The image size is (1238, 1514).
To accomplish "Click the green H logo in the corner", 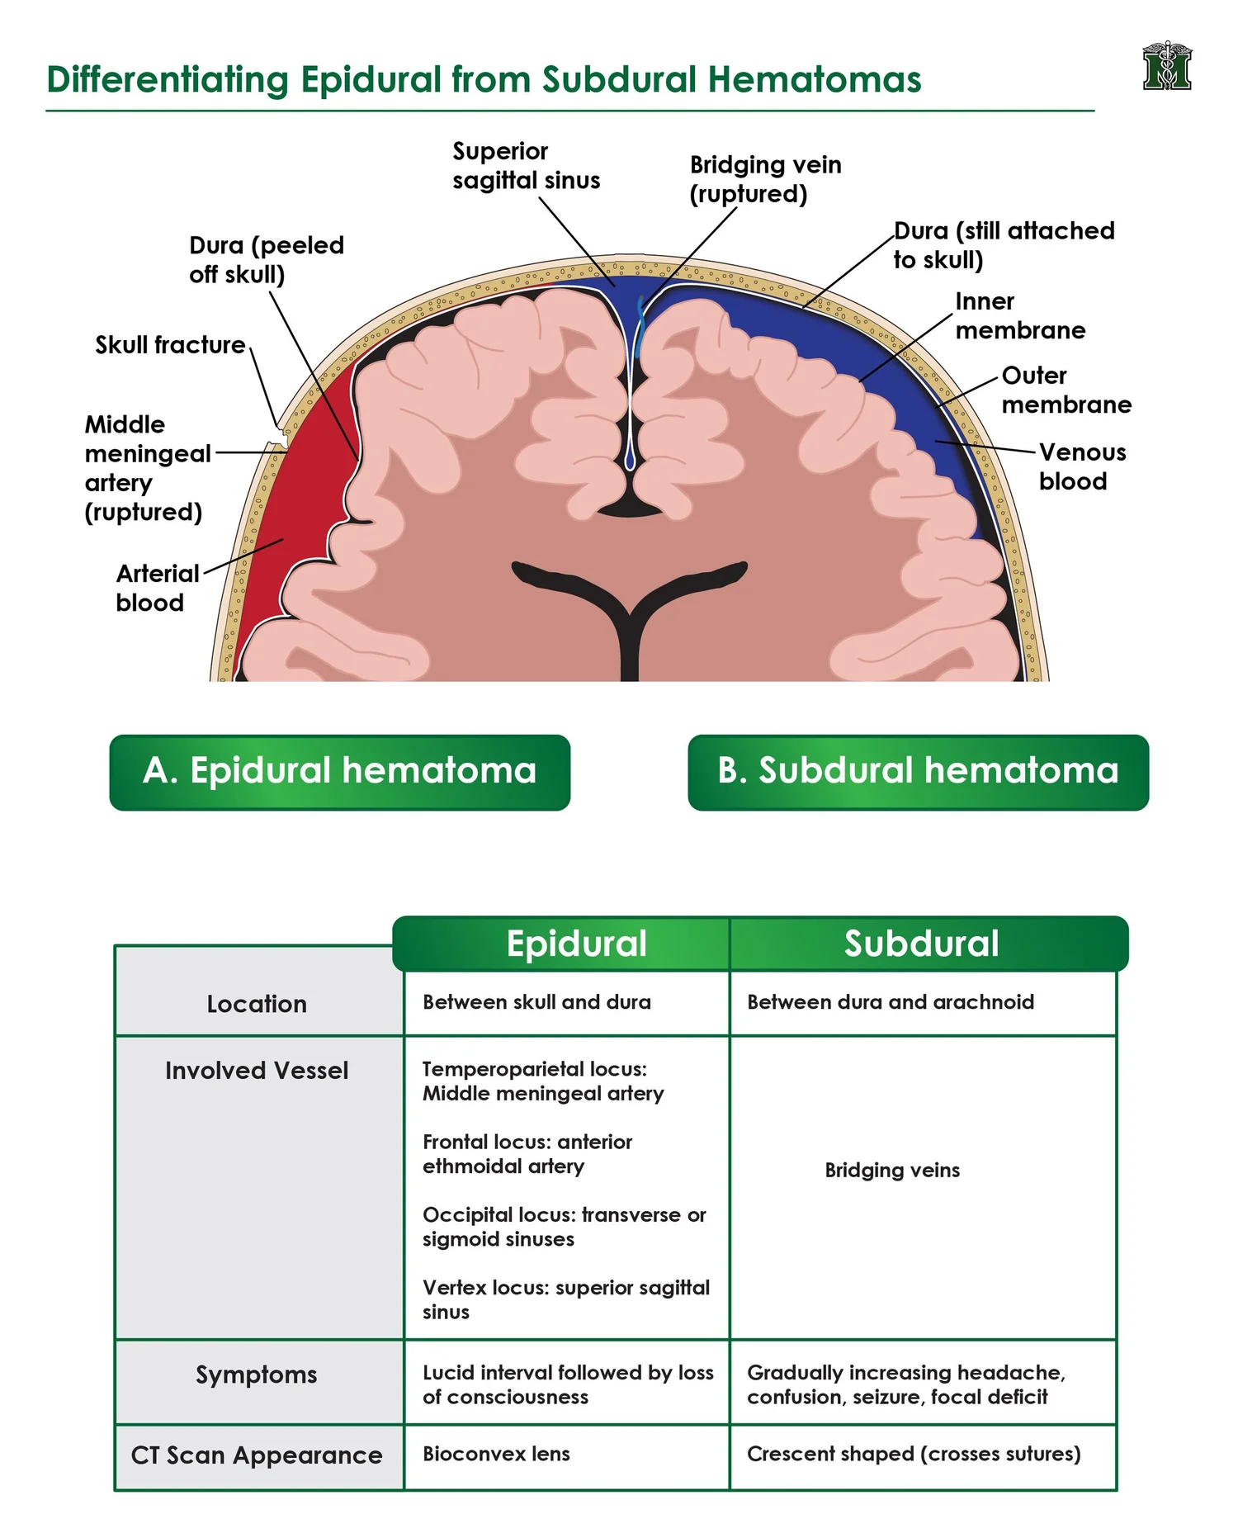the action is click(1167, 66).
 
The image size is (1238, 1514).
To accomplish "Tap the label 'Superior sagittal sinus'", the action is click(526, 166).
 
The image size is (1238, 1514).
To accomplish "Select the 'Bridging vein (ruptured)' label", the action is click(765, 179).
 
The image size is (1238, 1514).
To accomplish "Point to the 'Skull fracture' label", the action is click(170, 344).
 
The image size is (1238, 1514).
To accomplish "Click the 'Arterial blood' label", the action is click(157, 588).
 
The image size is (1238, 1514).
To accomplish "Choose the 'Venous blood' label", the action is click(1082, 466).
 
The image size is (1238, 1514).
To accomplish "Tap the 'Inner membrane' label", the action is click(1020, 315).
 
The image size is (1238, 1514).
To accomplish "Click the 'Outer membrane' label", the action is click(1066, 390).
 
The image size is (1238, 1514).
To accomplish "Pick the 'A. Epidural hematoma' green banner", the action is click(340, 772).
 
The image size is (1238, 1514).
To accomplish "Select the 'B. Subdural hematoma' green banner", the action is click(918, 772).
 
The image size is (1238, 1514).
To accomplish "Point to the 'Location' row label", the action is click(257, 1004).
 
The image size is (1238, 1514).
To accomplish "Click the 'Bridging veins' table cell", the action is click(892, 1170).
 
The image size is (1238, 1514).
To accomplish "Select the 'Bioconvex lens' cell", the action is click(496, 1454).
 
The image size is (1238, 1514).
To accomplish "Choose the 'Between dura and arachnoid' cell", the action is click(891, 1001).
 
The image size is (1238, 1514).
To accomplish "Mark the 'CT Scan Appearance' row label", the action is click(257, 1455).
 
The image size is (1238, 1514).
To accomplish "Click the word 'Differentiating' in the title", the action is click(168, 80).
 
